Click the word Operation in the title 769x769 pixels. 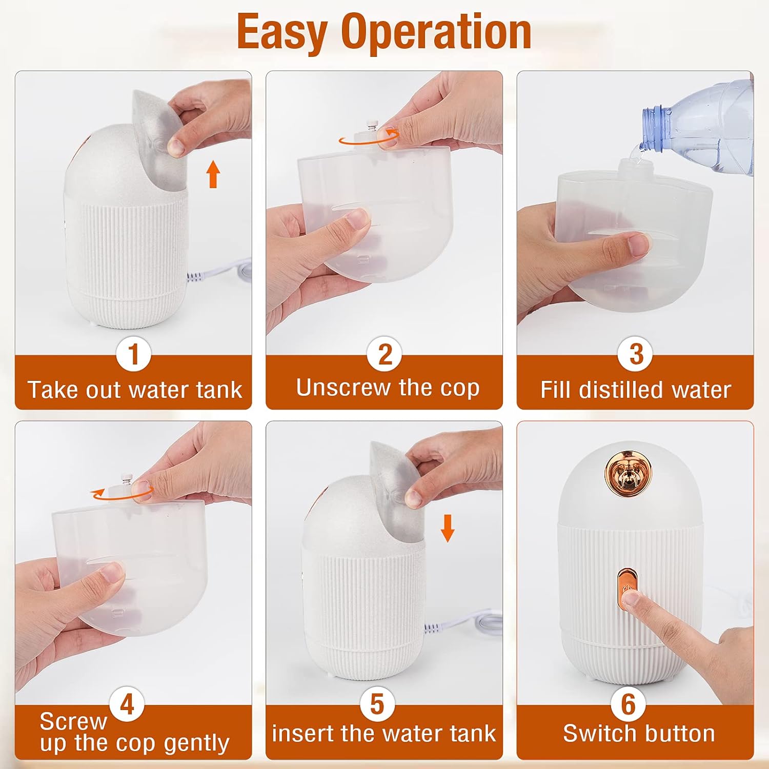coord(436,32)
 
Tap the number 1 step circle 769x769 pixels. coord(133,354)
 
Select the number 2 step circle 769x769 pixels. coord(385,354)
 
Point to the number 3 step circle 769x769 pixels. coord(636,354)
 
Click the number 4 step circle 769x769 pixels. coord(127,704)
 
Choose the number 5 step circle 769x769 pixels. coord(377,704)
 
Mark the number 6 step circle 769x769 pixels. coord(629,704)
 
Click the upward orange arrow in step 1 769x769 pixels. coord(213,174)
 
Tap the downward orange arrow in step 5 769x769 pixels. coord(448,528)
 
